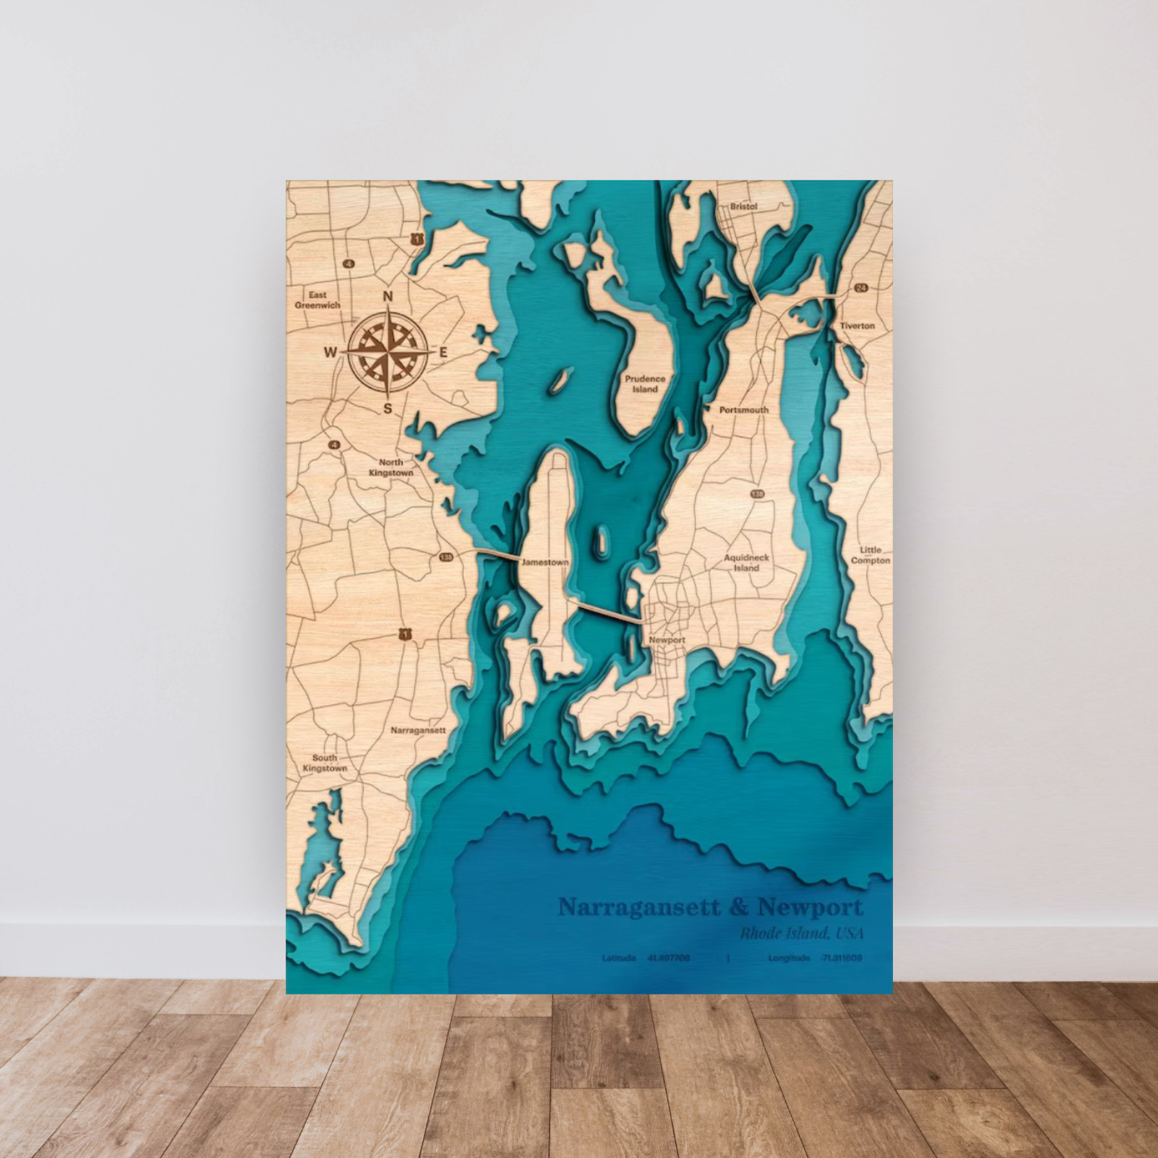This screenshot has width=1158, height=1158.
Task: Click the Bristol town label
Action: click(x=744, y=207)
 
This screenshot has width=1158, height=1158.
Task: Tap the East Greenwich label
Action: click(x=317, y=300)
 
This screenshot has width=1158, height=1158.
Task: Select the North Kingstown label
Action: click(x=391, y=468)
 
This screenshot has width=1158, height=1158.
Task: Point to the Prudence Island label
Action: click(x=645, y=384)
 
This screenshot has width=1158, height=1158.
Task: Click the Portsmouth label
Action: click(x=744, y=410)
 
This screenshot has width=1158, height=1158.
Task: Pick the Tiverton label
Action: click(x=857, y=326)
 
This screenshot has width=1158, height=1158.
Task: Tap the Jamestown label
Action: click(x=545, y=562)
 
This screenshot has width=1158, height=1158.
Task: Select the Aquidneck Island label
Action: click(x=746, y=563)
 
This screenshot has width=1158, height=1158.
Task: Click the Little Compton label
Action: click(x=870, y=555)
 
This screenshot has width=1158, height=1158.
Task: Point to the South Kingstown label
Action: click(x=325, y=763)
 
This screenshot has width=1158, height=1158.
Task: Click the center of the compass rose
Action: click(x=387, y=352)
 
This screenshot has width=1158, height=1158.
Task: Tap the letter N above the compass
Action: click(x=387, y=297)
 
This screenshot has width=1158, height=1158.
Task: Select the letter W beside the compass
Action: click(x=331, y=352)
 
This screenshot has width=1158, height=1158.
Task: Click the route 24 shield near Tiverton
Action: click(x=861, y=288)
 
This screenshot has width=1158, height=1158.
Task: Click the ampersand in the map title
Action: click(x=739, y=908)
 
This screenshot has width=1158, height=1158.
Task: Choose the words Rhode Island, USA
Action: click(x=801, y=933)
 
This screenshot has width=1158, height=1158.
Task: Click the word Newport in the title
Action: click(x=811, y=908)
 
